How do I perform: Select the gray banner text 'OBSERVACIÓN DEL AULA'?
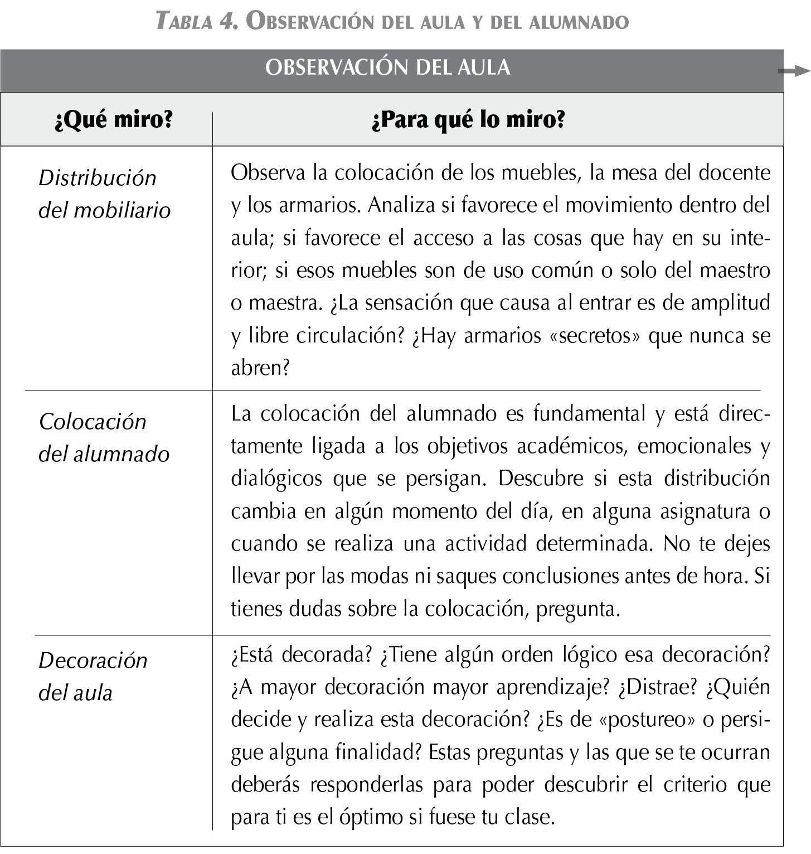(388, 67)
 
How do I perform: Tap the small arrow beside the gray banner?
(794, 70)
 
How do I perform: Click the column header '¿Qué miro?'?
(114, 119)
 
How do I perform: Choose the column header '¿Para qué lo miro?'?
(468, 119)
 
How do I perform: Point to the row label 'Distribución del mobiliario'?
(104, 194)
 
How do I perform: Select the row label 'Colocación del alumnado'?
(104, 437)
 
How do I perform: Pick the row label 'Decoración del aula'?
(93, 676)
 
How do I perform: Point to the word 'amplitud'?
(730, 303)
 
